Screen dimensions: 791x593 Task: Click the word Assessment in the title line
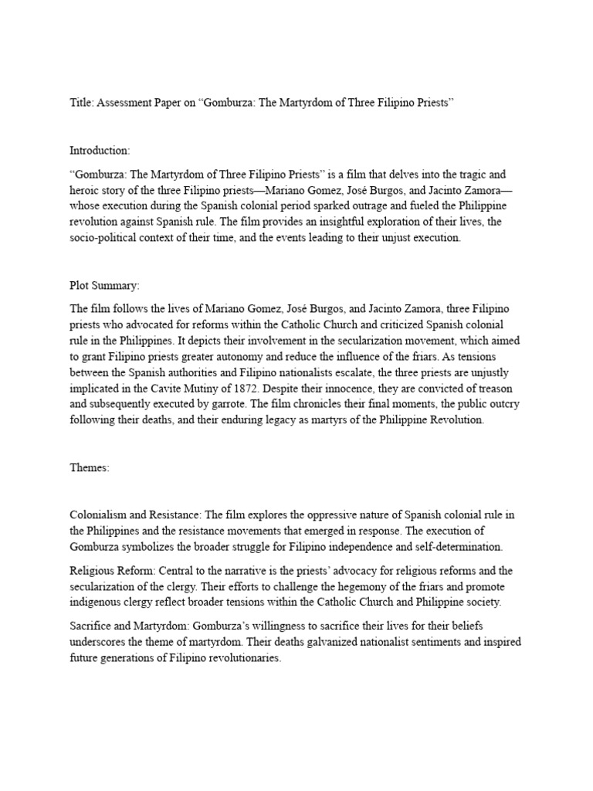pyautogui.click(x=128, y=104)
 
